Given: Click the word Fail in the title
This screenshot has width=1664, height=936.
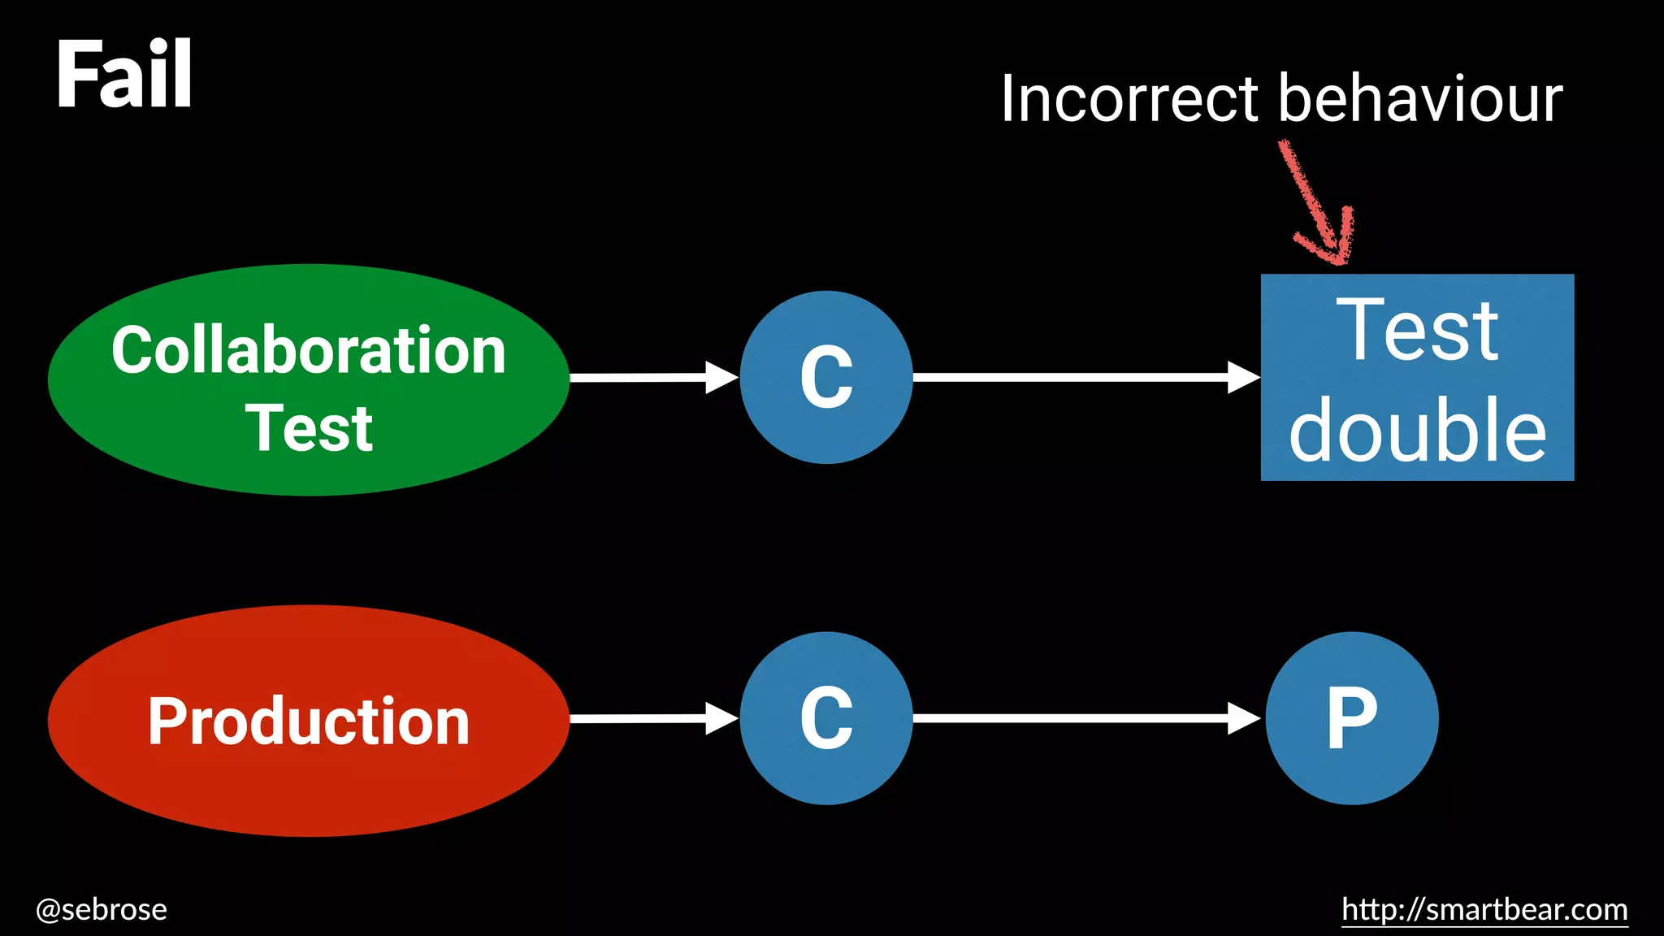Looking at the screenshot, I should click(x=123, y=75).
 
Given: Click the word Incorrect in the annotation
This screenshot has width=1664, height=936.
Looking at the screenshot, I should click(x=1129, y=99).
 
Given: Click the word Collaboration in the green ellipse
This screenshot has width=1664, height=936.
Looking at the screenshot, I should click(x=309, y=350).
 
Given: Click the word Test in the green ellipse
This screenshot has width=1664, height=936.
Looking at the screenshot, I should click(x=309, y=428).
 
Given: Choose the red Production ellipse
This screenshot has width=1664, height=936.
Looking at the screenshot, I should click(x=309, y=780).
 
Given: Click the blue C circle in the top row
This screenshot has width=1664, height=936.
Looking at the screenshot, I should click(x=826, y=377).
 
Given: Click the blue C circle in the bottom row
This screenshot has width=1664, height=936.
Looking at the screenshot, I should click(x=826, y=718).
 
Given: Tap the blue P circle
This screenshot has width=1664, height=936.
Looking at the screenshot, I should click(x=1352, y=718).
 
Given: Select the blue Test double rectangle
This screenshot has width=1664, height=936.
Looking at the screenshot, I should click(x=1417, y=377).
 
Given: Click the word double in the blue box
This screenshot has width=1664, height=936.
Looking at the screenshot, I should click(x=1417, y=431).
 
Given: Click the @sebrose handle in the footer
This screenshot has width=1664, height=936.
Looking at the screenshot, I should click(x=102, y=909).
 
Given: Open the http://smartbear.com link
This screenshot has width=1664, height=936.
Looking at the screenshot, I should click(x=1484, y=909).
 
